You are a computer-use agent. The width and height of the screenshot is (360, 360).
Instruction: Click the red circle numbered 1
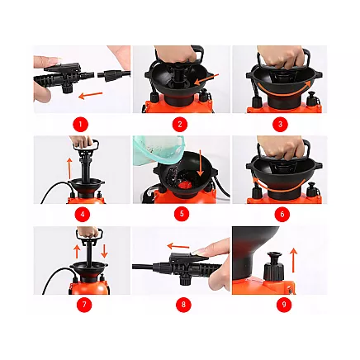[80, 124]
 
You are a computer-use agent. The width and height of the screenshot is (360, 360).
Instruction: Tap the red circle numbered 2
[180, 124]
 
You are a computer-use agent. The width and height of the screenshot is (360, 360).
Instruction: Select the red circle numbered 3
[279, 124]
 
